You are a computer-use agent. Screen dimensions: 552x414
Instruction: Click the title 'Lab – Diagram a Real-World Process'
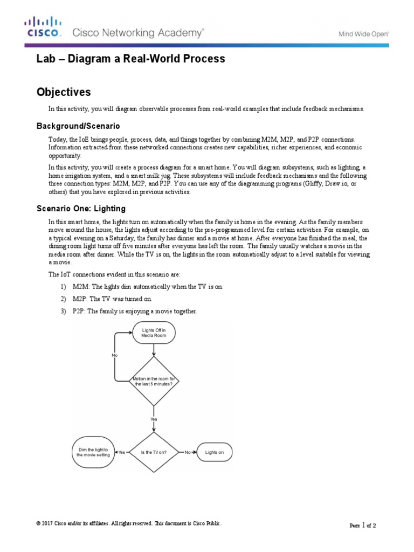tap(130, 59)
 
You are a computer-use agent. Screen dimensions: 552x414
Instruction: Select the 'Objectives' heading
tap(64, 92)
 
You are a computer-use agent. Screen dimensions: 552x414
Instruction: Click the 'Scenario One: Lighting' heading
tap(81, 209)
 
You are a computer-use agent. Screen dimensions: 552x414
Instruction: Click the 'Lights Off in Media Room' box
tap(154, 333)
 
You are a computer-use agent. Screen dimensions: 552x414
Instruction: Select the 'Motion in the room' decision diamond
tap(154, 381)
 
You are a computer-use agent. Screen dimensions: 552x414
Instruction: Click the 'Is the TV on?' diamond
tap(154, 452)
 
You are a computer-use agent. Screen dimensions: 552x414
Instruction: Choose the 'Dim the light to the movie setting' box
tap(93, 452)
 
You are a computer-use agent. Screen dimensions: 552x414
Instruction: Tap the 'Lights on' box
tap(215, 452)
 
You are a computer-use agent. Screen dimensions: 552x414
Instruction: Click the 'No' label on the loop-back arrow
tap(114, 355)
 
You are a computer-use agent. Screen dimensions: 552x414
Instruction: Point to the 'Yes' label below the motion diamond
tap(154, 418)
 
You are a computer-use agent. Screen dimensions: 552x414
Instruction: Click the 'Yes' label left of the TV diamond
tap(121, 452)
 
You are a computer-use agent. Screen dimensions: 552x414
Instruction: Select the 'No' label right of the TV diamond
tap(188, 452)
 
